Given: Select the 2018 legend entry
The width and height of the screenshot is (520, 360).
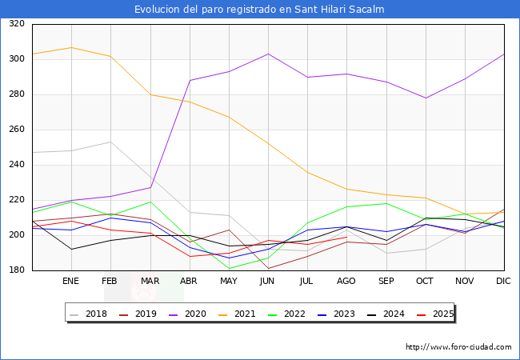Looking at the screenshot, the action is point(89,314).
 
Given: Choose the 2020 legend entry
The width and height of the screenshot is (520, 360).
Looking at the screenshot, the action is point(188,314).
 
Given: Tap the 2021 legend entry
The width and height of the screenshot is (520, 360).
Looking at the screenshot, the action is point(237,314).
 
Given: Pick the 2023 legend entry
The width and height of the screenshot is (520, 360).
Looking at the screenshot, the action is point(336,314).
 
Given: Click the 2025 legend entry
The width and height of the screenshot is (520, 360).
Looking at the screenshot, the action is point(435,314).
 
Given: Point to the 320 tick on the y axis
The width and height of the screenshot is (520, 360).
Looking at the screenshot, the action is point(17,23).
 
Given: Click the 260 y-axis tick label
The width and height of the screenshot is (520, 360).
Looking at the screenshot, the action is point(17,130).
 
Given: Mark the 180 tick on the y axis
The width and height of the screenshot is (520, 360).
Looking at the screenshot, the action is point(17,270).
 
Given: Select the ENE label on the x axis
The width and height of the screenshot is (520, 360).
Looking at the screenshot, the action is point(70,281).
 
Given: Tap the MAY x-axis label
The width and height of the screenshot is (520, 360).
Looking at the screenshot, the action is point(229,281).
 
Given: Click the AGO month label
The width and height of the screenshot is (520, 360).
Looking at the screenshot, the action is point(346,281).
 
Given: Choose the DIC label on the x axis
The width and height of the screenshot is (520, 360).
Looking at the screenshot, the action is point(503,281).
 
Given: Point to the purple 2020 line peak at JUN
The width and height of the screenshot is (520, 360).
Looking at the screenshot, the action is point(268,54).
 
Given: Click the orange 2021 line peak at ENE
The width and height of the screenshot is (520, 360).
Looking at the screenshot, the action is point(72,47).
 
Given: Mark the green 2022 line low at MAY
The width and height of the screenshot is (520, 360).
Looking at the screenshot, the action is point(229,269).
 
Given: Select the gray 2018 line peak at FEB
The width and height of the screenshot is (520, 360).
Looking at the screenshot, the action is point(110,142).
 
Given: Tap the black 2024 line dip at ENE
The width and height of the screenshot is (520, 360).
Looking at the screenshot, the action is point(72,250).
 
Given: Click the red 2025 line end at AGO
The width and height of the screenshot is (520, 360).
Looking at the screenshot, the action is point(347,237).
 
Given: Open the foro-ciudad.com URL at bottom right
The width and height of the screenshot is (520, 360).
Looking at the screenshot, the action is point(458,347).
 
